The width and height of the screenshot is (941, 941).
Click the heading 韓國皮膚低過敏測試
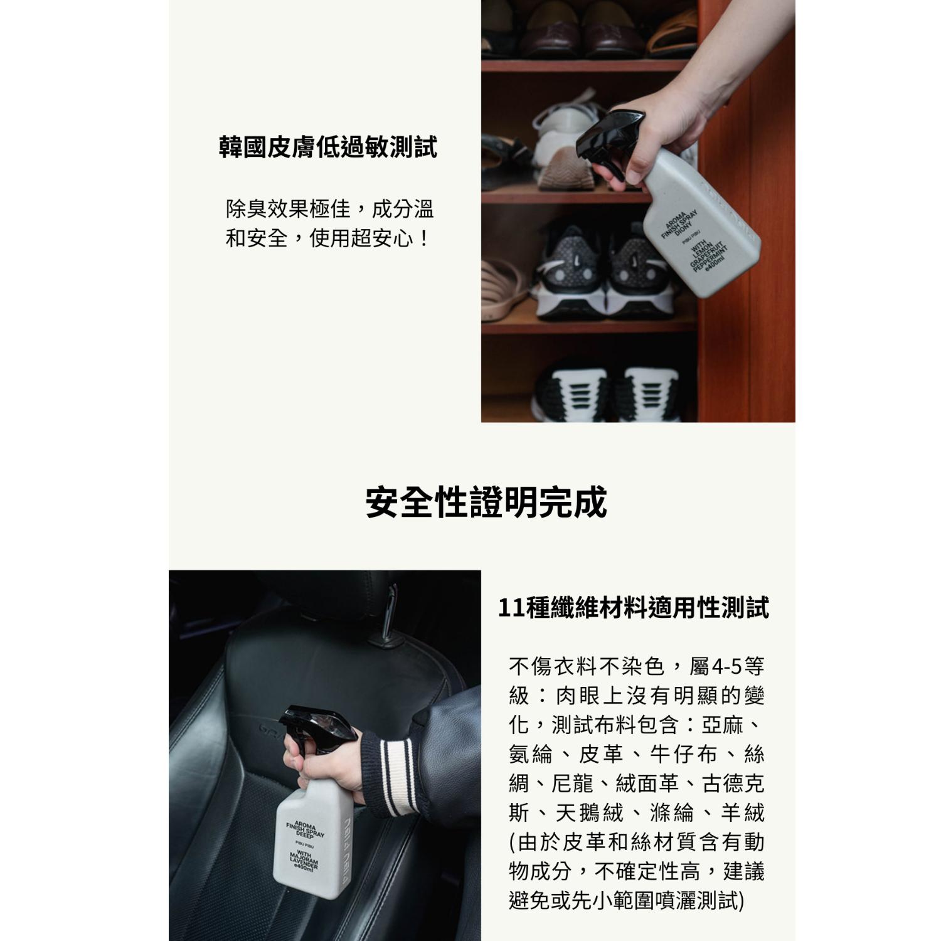[327, 148]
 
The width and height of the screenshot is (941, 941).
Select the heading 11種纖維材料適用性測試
[633, 607]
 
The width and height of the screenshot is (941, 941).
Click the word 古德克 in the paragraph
[733, 784]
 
